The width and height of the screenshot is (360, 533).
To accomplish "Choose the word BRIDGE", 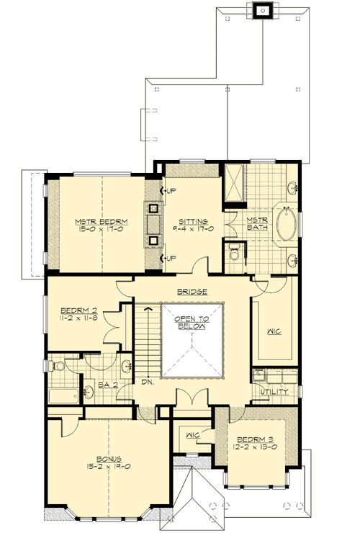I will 192,292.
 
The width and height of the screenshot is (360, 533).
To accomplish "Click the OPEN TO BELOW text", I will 192,322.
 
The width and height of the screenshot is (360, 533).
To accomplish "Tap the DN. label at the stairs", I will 147,381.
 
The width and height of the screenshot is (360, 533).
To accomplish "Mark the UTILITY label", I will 274,391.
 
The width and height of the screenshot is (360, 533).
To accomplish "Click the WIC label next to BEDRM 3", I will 192,436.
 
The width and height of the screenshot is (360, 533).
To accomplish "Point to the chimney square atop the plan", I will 263,10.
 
